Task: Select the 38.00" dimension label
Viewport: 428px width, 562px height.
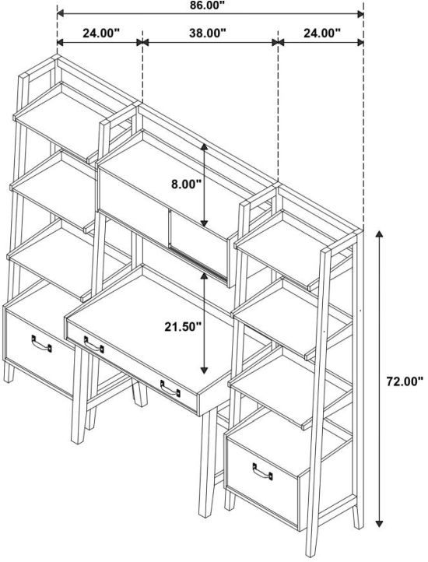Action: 208,33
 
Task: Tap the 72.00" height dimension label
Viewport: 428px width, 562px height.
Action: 405,381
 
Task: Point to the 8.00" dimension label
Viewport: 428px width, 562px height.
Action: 186,184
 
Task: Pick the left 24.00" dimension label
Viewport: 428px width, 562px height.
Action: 100,33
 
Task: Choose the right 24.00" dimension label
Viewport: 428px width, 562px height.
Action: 322,33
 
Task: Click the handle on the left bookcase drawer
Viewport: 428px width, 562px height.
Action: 41,344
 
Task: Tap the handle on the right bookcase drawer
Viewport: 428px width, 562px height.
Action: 262,472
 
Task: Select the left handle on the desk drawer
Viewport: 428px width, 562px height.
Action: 93,345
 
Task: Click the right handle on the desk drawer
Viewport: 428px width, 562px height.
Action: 170,388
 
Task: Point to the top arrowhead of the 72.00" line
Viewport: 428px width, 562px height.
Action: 379,234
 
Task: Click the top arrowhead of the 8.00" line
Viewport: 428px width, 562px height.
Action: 204,147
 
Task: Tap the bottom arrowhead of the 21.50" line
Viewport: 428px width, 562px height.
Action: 204,371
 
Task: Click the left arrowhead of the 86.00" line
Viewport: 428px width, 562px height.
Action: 61,14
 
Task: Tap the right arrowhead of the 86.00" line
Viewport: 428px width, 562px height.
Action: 360,14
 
